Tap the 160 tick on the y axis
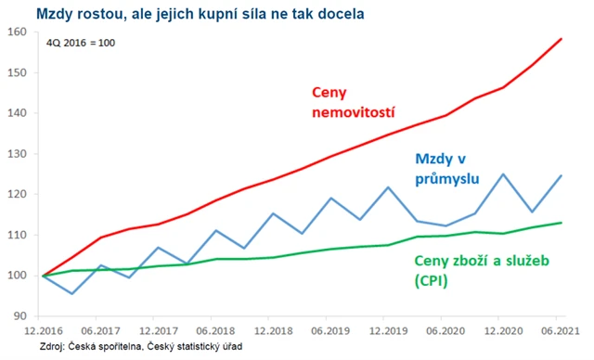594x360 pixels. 19,32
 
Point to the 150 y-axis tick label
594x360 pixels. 19,72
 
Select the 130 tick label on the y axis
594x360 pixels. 19,154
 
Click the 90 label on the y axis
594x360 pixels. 20,316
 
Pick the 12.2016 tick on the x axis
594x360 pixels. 44,330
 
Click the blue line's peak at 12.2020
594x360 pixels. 503,174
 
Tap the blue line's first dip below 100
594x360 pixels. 71,293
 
